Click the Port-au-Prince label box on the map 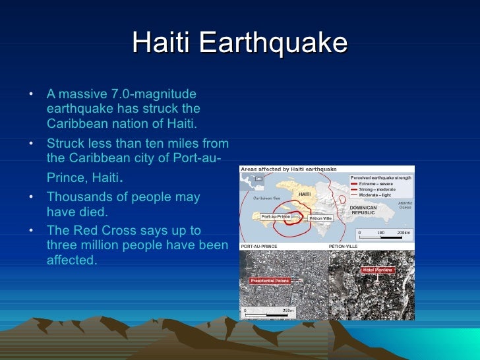(276, 216)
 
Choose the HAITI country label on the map (305, 195)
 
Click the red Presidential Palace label (270, 280)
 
